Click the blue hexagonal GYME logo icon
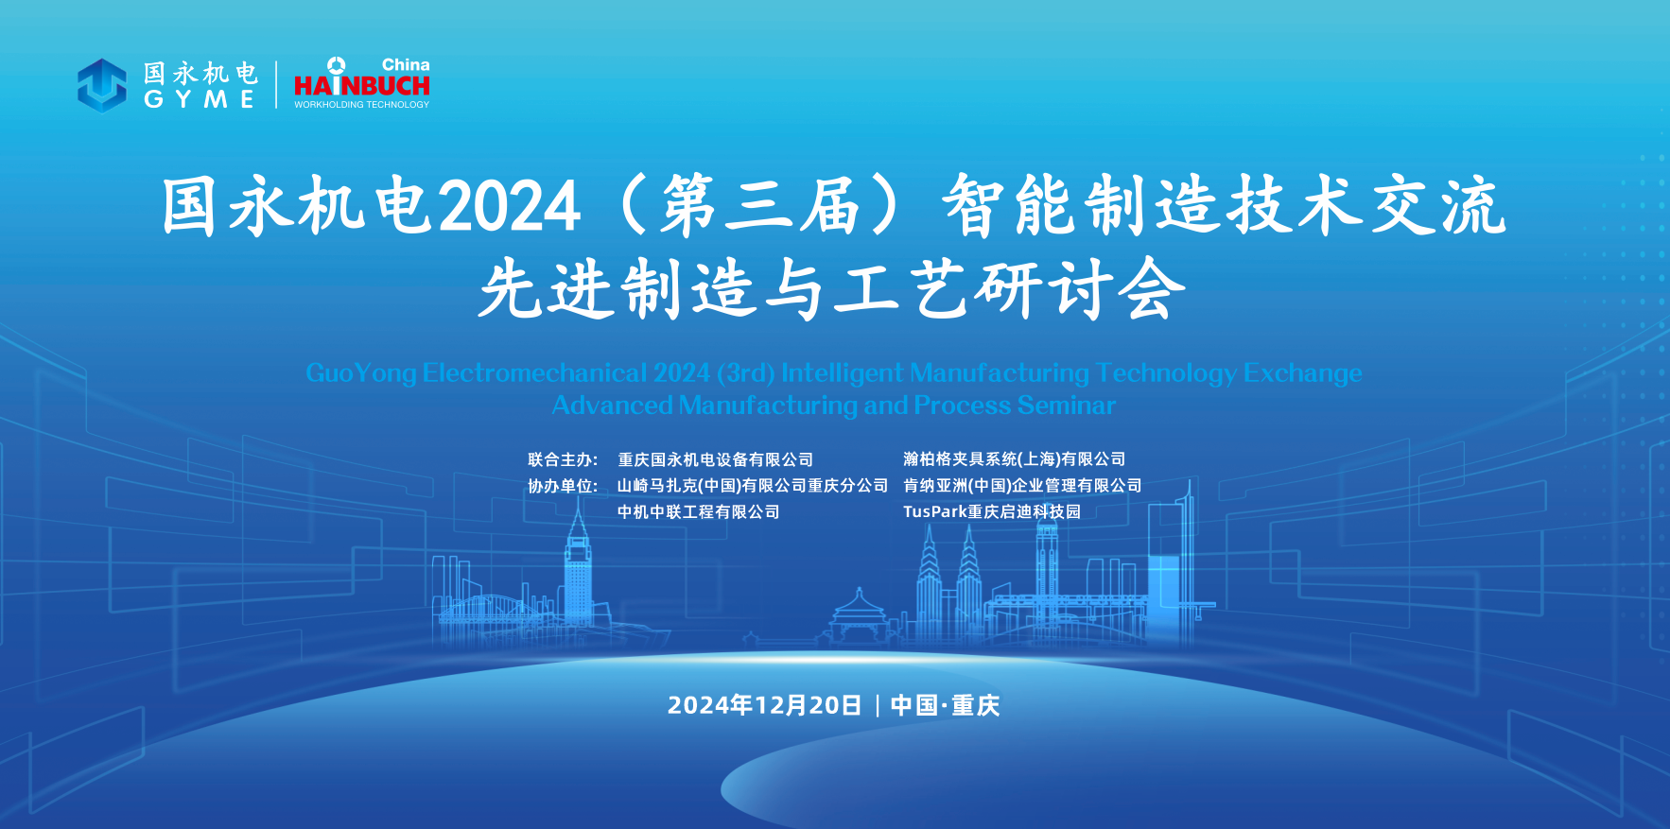click(101, 85)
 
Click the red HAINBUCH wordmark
click(362, 85)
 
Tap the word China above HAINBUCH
click(406, 65)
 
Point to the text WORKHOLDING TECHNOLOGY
click(361, 105)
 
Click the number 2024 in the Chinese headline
click(510, 207)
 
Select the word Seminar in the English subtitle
click(1067, 406)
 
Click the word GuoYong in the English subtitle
click(361, 374)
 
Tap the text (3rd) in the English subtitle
click(746, 373)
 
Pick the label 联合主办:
click(563, 459)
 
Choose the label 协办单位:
click(563, 486)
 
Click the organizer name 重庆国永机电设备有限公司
click(716, 459)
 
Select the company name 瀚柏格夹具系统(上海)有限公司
click(1015, 459)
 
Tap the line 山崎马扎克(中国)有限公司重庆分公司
click(753, 486)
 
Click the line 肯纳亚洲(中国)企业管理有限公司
click(1022, 486)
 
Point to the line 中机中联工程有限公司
click(699, 512)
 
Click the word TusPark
click(935, 512)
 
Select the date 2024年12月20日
click(764, 705)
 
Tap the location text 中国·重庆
click(945, 705)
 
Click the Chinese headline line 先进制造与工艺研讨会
click(832, 288)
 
